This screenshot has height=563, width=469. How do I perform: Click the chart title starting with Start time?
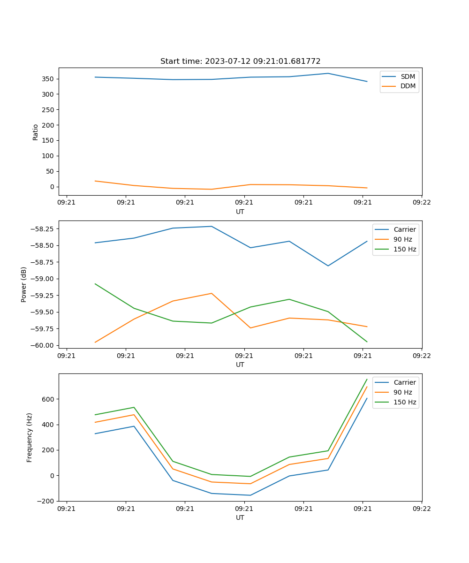pos(240,61)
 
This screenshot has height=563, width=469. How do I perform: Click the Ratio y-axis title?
pos(36,132)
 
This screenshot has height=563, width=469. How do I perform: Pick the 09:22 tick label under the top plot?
pos(422,203)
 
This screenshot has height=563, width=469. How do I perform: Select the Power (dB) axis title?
pos(24,284)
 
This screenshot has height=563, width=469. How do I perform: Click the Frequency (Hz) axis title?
pos(30,437)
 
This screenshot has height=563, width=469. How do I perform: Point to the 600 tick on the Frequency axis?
pos(49,399)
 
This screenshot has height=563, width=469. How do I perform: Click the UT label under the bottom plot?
pos(240,517)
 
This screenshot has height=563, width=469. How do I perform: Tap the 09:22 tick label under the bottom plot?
pos(422,509)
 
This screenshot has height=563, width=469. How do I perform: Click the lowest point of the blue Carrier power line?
pos(328,266)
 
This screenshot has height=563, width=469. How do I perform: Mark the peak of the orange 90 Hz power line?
pos(212,293)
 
